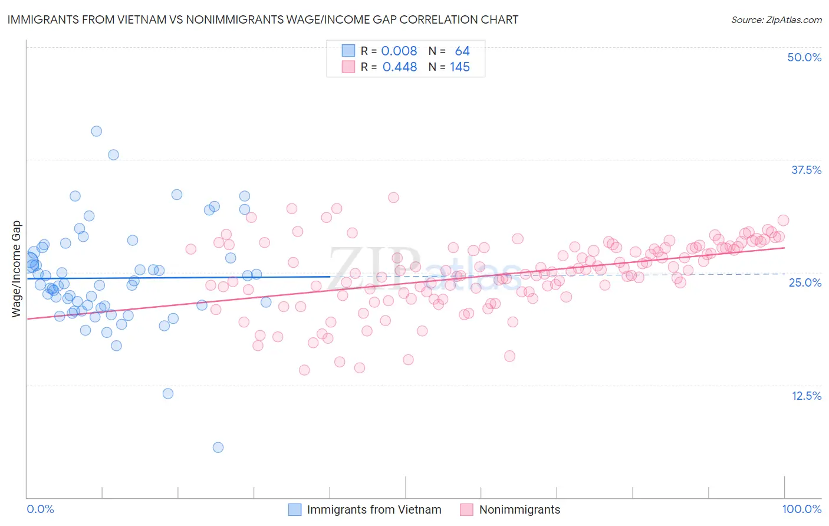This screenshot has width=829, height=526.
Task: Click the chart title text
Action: tap(263, 20)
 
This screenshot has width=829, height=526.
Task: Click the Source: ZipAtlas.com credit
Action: tap(776, 20)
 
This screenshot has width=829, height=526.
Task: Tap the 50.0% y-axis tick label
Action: tap(804, 57)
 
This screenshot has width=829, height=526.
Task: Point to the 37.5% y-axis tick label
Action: tap(806, 170)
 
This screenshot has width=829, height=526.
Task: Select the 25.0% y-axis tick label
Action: tap(805, 282)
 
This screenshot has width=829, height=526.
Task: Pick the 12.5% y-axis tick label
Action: tap(806, 396)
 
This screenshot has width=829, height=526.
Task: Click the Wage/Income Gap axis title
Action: tap(17, 269)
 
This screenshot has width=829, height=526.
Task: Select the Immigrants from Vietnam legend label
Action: tap(374, 509)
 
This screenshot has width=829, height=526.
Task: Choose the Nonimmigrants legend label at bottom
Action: tap(519, 509)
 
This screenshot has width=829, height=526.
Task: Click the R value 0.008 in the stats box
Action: tap(399, 51)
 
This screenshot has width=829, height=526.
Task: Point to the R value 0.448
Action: tap(400, 67)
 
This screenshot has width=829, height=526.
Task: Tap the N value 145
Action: tap(460, 67)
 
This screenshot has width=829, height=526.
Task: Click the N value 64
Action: tap(462, 51)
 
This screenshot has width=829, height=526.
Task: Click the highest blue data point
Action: tap(97, 131)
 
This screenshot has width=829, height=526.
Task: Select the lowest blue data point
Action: tap(218, 448)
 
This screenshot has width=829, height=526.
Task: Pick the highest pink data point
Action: tap(393, 198)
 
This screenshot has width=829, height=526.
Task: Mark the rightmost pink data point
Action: tap(784, 220)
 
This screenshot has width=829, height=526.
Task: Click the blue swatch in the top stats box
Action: tap(348, 51)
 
